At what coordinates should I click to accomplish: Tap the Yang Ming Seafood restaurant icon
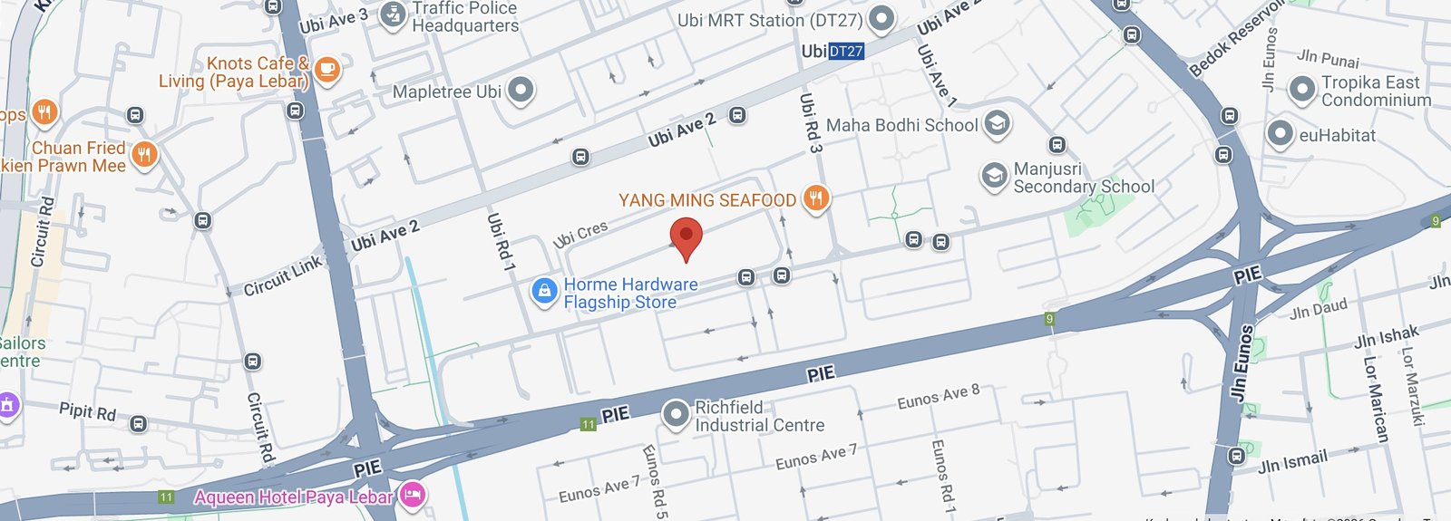[x=816, y=198]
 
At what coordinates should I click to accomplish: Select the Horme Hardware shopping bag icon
[x=544, y=292]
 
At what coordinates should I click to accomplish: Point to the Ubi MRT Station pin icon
[x=881, y=18]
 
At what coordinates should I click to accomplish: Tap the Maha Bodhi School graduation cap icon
[x=997, y=124]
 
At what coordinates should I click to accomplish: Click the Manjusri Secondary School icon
[x=995, y=176]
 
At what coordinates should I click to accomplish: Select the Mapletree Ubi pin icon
[x=521, y=90]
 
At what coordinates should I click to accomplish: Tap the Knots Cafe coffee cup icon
[x=327, y=69]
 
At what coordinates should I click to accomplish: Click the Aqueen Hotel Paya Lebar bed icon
[x=413, y=495]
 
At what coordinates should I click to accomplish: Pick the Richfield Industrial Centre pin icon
[x=676, y=414]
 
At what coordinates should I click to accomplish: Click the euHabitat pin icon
[x=1280, y=133]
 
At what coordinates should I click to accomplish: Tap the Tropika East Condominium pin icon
[x=1302, y=89]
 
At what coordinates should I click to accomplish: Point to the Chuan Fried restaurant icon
[x=144, y=155]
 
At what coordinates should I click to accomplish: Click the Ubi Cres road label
[x=580, y=235]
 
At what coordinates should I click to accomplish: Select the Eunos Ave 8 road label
[x=938, y=396]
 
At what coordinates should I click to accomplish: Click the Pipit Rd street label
[x=87, y=410]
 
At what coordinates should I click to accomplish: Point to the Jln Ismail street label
[x=1292, y=461]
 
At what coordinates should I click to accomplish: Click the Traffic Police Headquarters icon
[x=393, y=15]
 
